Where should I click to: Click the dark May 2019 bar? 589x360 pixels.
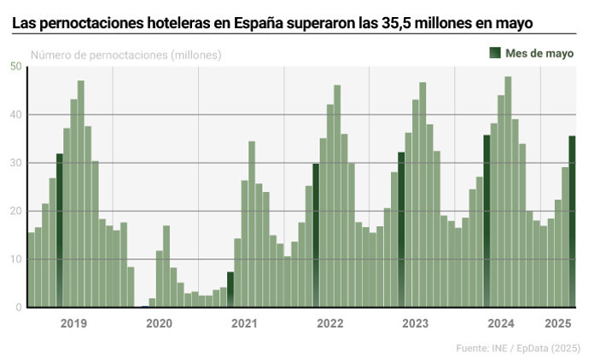point(60,230)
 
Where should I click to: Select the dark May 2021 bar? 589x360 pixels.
point(230,289)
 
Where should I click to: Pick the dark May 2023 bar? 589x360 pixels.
point(401,229)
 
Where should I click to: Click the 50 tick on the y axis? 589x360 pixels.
point(16,67)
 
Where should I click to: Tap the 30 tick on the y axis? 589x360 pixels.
point(16,163)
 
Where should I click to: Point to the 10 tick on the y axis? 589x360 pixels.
point(16,259)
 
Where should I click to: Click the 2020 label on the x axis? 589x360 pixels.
point(159,323)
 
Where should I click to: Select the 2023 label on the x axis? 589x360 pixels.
point(415,323)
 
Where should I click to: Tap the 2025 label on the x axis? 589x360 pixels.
point(557,323)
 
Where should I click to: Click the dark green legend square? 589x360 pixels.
point(494,54)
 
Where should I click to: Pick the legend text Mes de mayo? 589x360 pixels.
point(539,54)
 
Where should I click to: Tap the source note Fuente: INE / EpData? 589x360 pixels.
point(517,348)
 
